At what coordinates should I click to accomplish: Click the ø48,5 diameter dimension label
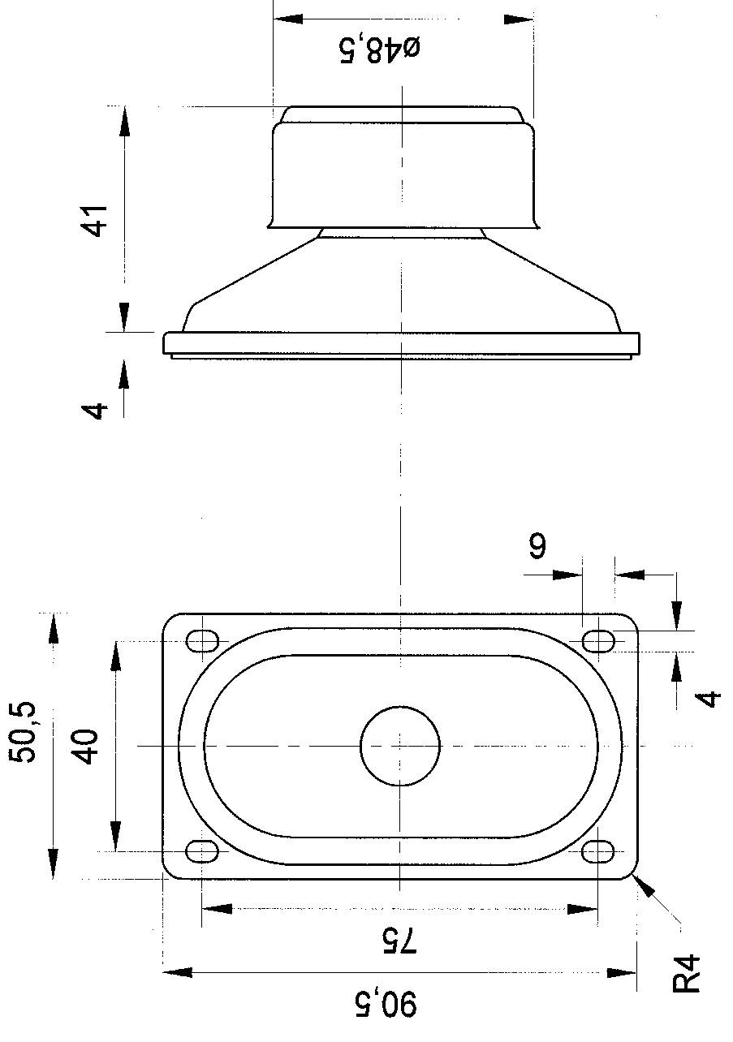379,49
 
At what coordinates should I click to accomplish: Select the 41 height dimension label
97,220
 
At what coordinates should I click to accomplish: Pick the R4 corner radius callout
687,973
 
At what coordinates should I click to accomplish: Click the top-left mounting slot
202,641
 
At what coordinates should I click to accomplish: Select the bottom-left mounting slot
202,851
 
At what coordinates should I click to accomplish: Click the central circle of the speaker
400,746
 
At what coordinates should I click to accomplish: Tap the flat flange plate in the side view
401,343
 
